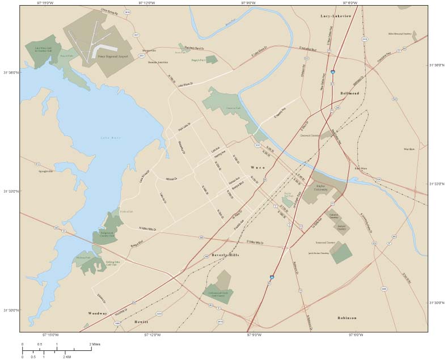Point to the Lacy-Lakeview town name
pos(336,17)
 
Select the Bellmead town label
pos(349,92)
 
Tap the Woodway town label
pos(97,313)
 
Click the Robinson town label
pos(346,318)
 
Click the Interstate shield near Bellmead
pos(333,73)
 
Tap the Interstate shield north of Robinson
pos(272,277)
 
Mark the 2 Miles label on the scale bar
pos(95,344)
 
